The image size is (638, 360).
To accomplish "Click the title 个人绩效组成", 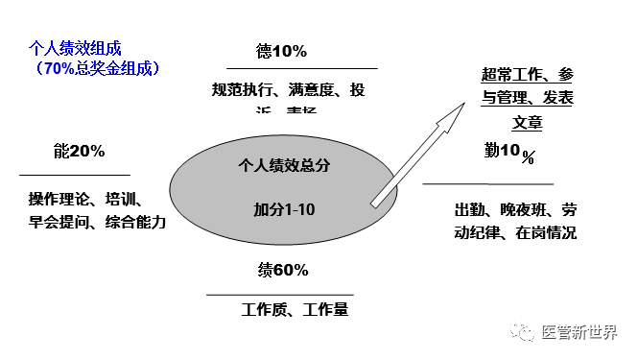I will [75, 47].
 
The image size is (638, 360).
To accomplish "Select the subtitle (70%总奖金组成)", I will [95, 68].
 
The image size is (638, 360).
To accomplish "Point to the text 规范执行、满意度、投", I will [288, 91].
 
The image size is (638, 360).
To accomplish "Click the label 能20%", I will [80, 152].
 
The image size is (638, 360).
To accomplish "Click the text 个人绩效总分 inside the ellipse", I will [284, 165].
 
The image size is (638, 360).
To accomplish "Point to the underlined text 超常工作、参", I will [527, 75].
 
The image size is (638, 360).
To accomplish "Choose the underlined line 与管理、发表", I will [527, 98].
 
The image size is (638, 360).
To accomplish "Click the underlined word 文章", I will [527, 122].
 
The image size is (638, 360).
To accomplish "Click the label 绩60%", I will [282, 271].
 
